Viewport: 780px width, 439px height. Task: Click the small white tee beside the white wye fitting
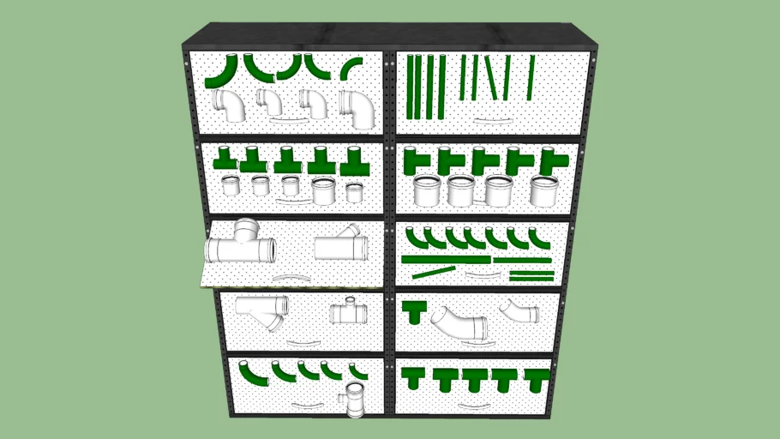pos(348,311)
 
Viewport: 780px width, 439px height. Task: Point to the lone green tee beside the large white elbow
pos(415,310)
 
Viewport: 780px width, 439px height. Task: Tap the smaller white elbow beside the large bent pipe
pos(519,310)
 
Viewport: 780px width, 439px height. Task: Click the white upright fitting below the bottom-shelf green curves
pos(355,400)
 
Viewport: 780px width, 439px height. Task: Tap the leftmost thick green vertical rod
pos(411,87)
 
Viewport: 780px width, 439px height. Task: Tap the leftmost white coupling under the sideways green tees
pos(428,191)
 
